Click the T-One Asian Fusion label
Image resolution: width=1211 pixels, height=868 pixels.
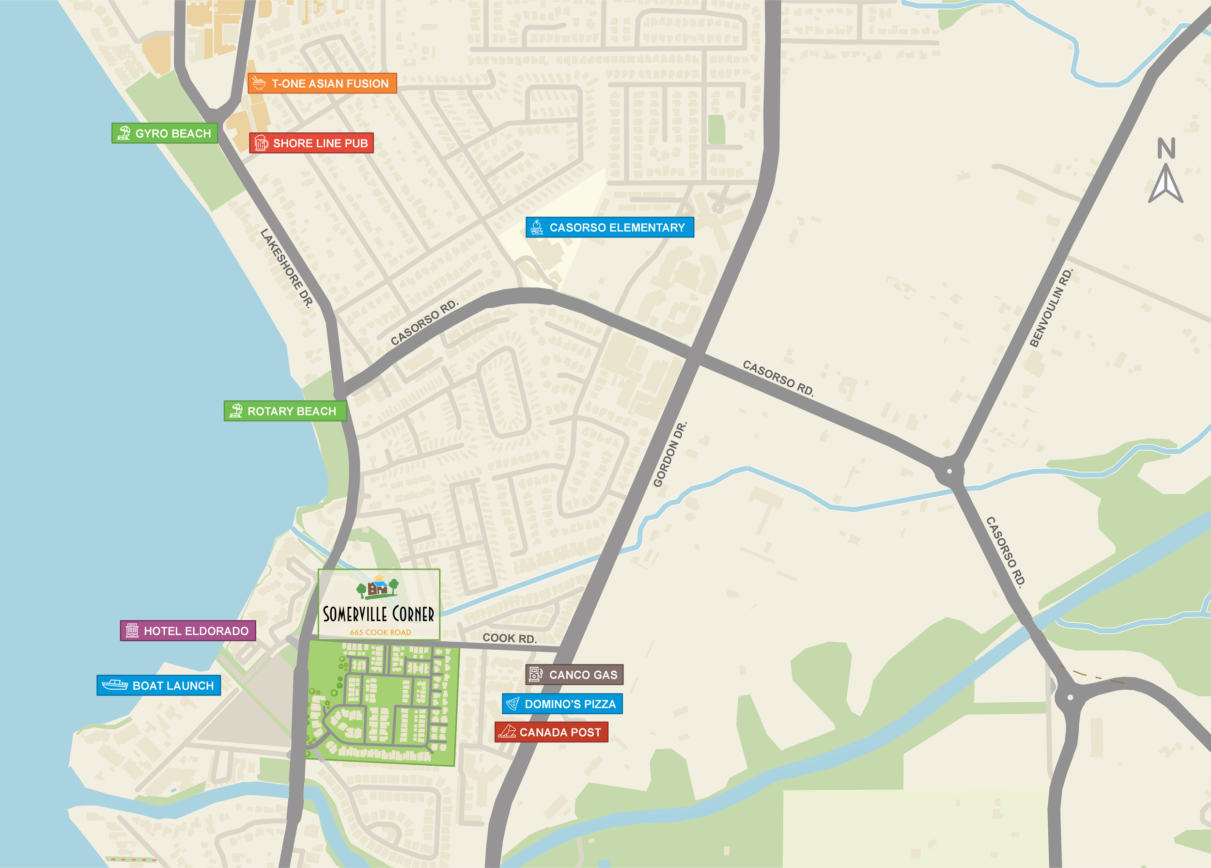coord(322,83)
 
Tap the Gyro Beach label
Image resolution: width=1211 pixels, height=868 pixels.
coord(165,133)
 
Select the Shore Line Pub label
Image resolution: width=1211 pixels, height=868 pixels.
coord(311,143)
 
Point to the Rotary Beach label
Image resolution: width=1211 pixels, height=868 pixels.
coord(285,411)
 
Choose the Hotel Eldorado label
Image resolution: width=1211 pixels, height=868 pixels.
coord(188,631)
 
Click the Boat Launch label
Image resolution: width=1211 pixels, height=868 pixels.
coord(158,685)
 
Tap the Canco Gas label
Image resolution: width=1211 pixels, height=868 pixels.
coord(574,675)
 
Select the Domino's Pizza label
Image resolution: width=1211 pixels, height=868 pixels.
coord(562,704)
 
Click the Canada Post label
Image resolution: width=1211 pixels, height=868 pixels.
coord(552,732)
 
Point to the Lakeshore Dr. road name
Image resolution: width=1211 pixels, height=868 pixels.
coord(287,268)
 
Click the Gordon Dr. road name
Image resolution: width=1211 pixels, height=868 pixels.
coord(669,455)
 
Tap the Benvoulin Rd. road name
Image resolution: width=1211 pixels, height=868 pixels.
coord(1050,309)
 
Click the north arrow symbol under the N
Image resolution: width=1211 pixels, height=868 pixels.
coord(1165,184)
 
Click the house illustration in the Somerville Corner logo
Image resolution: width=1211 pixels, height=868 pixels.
coord(378,587)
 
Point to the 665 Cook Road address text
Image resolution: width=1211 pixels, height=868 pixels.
coord(380,632)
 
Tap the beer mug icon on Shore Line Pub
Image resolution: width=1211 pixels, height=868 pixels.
coord(261,143)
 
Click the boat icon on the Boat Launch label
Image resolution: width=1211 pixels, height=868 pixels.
coord(115,685)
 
